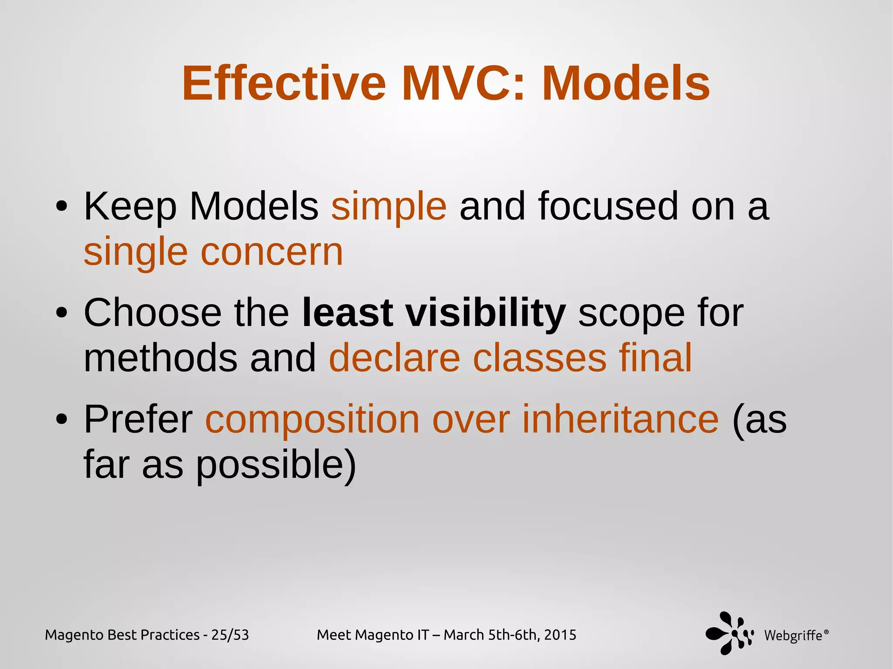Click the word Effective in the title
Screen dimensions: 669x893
284,83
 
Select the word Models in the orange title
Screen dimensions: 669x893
626,83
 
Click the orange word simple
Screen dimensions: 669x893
389,207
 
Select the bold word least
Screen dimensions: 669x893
348,313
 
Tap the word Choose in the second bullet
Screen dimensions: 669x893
153,313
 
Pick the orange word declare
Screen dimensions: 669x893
394,358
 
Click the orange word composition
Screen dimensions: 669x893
312,419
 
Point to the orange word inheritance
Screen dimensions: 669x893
620,419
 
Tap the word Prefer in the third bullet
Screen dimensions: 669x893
138,419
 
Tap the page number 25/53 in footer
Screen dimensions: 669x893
230,635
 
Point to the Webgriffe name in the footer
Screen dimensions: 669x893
793,636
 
